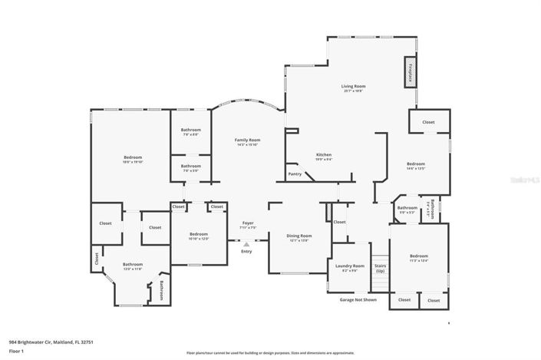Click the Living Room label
[353, 87]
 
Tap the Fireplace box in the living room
[410, 71]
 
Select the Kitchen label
[324, 155]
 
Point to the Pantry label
[295, 174]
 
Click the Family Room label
[247, 140]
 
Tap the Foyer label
[247, 223]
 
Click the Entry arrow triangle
[246, 244]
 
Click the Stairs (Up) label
[380, 268]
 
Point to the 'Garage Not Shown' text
[358, 299]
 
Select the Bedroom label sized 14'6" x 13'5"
[416, 164]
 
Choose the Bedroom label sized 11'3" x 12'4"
[418, 256]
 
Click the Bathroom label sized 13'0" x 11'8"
[133, 265]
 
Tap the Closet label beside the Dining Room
[339, 222]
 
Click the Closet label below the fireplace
[428, 122]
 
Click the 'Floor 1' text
[17, 350]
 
